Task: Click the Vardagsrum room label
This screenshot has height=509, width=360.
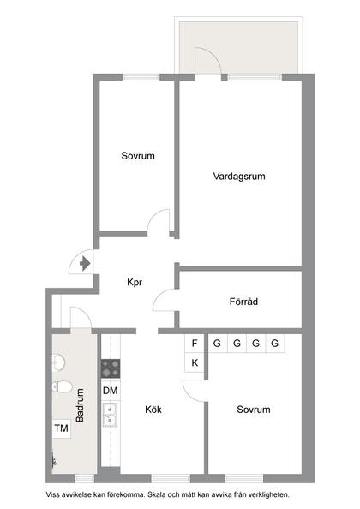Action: click(238, 177)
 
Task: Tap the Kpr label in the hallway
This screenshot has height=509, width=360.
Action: click(135, 282)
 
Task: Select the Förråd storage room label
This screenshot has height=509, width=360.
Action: click(244, 302)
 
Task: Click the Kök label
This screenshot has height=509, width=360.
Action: click(153, 410)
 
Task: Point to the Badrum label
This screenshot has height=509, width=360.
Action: click(80, 406)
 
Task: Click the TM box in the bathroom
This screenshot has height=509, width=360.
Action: click(61, 428)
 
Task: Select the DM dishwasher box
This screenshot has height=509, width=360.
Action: click(110, 391)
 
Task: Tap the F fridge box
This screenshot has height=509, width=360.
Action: click(195, 344)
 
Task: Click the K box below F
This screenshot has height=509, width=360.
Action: click(195, 362)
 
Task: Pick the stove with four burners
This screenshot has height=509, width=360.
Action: click(110, 369)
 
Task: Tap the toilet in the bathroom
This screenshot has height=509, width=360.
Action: click(61, 386)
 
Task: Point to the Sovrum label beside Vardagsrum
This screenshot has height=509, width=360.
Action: click(137, 157)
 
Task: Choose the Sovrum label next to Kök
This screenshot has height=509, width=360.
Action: click(253, 410)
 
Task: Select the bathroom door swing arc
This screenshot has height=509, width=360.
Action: click(78, 315)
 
